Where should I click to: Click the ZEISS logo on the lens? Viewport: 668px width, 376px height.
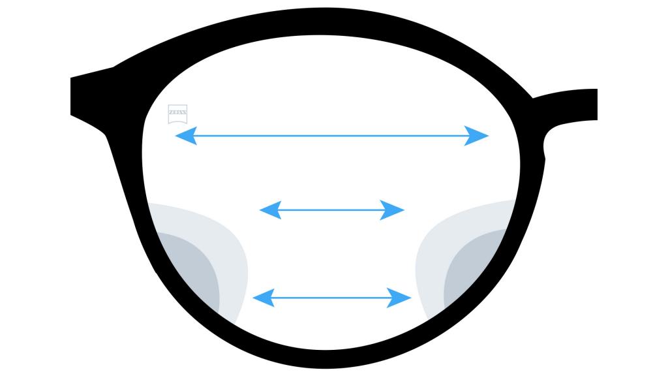click(x=177, y=114)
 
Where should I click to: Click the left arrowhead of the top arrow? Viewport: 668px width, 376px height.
click(x=186, y=136)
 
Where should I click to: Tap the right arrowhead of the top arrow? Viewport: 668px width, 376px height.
click(x=476, y=136)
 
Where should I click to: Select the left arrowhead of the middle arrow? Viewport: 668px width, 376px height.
click(x=271, y=210)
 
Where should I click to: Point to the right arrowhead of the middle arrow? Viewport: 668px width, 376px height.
click(x=392, y=210)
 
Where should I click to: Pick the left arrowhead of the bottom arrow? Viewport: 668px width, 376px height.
click(x=264, y=298)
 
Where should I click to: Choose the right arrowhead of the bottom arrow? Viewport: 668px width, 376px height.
click(x=399, y=298)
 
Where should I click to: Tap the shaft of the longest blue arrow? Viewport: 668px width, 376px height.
click(x=331, y=136)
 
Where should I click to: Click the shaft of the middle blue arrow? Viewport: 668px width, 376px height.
click(x=331, y=210)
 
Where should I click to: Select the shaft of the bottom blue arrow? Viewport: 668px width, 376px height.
click(x=331, y=298)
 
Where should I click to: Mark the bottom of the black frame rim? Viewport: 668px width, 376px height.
click(x=326, y=359)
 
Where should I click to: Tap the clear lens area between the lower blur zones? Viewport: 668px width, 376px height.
click(x=331, y=256)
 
